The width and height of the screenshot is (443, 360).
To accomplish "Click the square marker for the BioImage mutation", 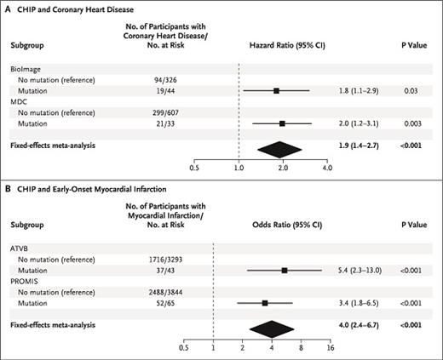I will (276, 89).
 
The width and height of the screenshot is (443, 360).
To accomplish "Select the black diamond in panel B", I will (272, 326).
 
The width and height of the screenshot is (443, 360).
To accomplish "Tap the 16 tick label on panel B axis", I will (330, 347).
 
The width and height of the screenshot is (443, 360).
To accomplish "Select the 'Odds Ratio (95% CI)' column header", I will (284, 223).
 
